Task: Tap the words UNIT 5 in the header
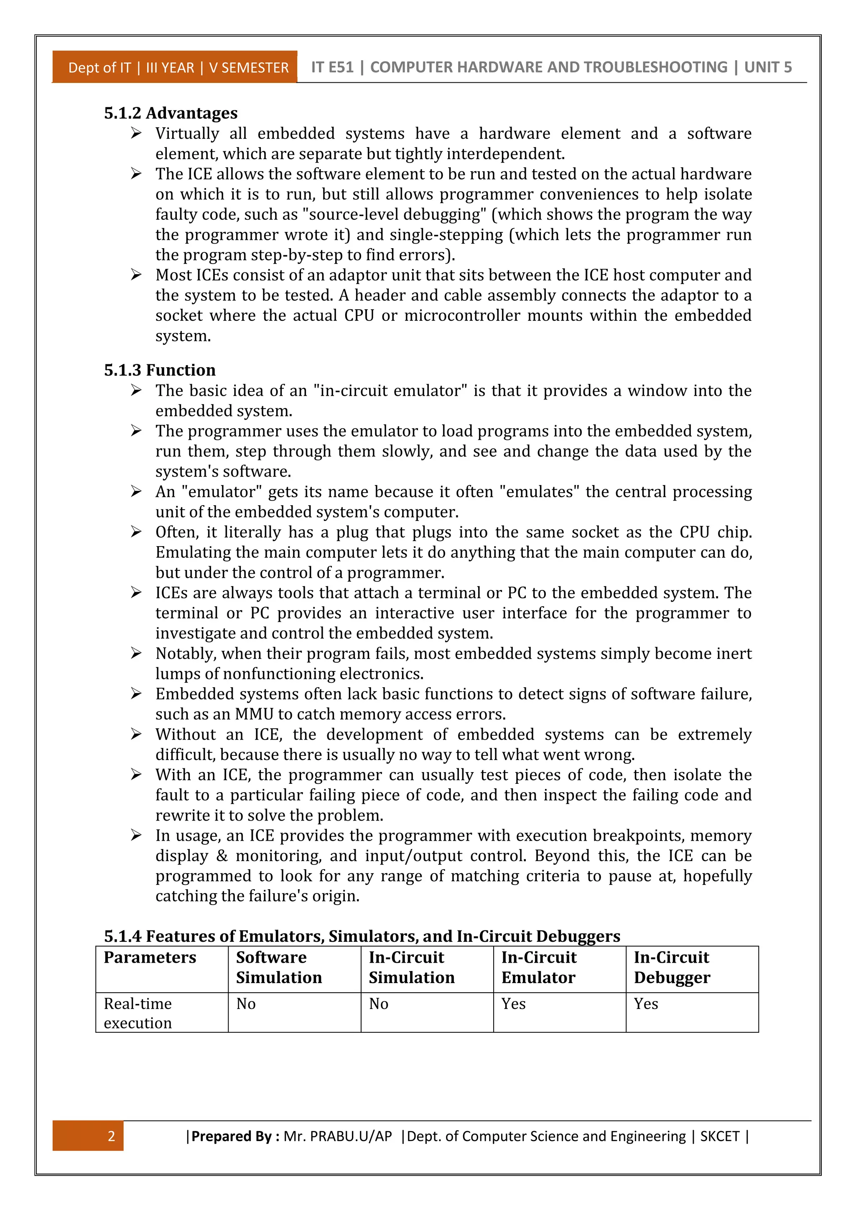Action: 767,67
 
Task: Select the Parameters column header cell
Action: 150,958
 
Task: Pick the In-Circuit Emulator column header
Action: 539,968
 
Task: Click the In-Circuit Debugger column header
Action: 672,968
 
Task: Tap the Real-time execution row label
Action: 138,1013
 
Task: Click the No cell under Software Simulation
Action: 246,1004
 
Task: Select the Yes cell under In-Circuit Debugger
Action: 646,1004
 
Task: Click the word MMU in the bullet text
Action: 254,714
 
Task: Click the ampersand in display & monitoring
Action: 222,857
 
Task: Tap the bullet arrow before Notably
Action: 136,653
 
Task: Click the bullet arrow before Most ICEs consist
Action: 136,275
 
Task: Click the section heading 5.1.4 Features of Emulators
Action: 362,936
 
